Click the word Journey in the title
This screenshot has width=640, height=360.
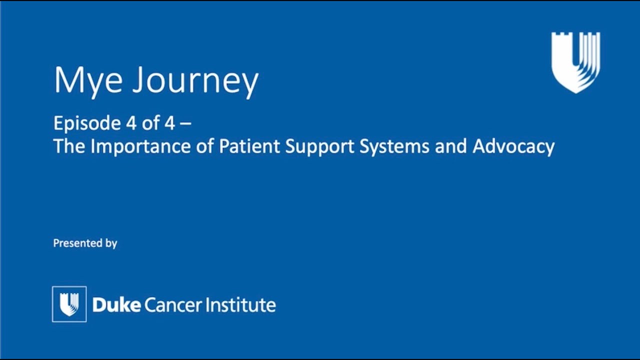tap(195, 82)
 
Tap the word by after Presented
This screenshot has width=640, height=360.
tap(111, 243)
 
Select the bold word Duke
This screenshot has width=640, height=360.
tap(116, 305)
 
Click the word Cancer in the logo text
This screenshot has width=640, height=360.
tap(173, 305)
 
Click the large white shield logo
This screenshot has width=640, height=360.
tap(575, 62)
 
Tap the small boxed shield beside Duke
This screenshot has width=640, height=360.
tap(69, 304)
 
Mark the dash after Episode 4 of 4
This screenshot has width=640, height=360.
tap(186, 124)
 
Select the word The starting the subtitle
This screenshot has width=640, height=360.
tap(69, 146)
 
